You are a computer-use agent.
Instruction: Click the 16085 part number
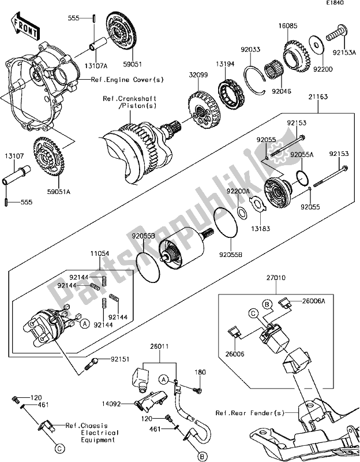[290, 25]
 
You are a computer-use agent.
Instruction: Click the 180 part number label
[200, 372]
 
